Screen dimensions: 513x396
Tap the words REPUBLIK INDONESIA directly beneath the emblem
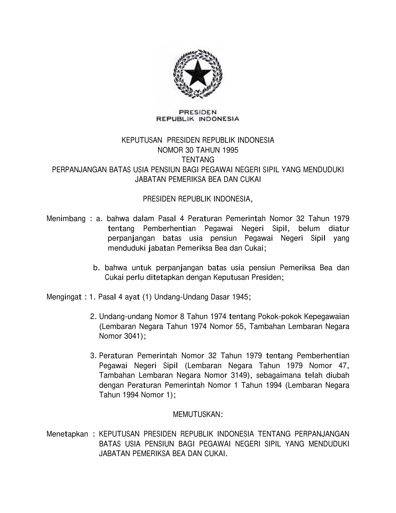198,118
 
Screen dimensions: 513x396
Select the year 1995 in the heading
230,150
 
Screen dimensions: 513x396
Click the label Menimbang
66,219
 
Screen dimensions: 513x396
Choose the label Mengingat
64,297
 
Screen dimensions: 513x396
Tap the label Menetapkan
67,434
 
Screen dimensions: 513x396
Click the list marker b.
96,268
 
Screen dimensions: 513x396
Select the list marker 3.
93,356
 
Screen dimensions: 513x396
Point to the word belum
309,229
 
